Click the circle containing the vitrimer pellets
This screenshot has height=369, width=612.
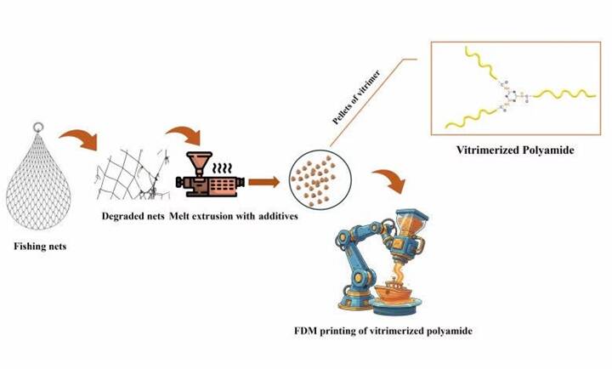(315, 174)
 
